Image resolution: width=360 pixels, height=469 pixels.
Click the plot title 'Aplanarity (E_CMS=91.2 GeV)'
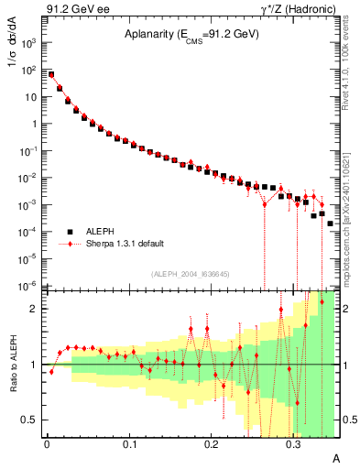coord(192,35)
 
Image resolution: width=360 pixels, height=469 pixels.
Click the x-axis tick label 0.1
coord(128,443)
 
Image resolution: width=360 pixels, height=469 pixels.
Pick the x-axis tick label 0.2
coord(211,443)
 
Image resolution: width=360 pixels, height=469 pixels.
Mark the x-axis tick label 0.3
coord(293,443)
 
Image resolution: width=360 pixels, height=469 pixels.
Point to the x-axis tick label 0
coord(47,443)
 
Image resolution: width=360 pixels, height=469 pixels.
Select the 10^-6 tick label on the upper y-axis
coord(29,286)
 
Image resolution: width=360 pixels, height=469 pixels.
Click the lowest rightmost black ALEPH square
coord(330,224)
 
